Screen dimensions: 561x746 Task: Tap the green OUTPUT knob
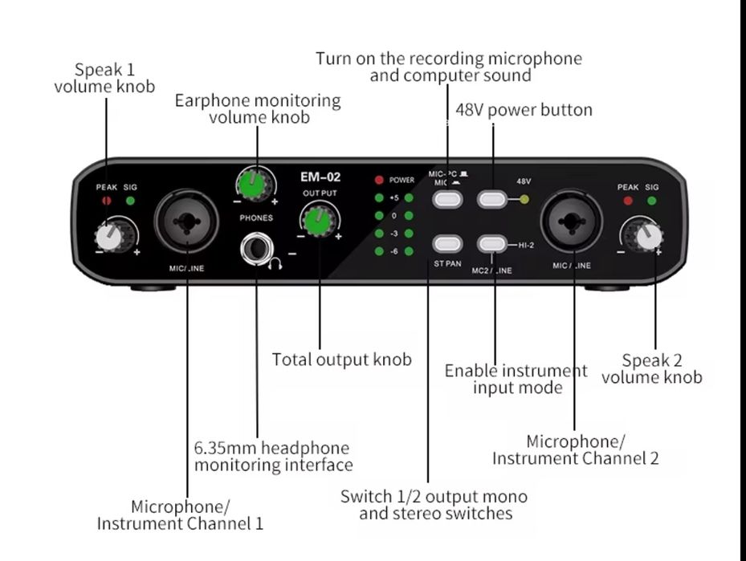point(319,217)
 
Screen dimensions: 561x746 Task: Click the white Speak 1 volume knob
point(109,237)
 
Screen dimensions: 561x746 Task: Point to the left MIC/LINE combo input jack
point(187,218)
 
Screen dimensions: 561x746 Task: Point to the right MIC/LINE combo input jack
point(573,218)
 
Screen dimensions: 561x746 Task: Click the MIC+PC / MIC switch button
point(447,200)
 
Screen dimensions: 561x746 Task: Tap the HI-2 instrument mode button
point(492,244)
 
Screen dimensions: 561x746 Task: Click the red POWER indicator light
point(379,180)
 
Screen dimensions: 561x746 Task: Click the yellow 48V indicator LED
point(524,199)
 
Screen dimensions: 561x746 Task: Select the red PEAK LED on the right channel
point(628,201)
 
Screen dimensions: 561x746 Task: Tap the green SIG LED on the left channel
point(129,201)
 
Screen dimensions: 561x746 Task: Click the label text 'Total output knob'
point(341,360)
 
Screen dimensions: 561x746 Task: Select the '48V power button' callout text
point(524,109)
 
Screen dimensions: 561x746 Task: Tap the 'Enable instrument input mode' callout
point(516,379)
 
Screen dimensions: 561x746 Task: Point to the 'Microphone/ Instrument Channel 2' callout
point(575,450)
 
